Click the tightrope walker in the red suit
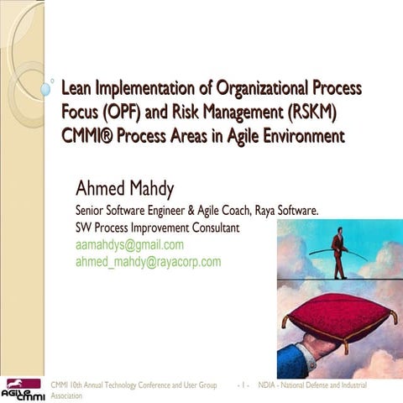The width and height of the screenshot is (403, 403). (x=338, y=252)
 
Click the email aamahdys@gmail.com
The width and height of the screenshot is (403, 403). (x=129, y=245)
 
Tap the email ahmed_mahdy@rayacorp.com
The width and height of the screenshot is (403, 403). (x=148, y=261)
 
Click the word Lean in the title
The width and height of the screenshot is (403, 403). (x=79, y=87)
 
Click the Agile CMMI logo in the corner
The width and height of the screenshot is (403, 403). (x=23, y=389)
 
